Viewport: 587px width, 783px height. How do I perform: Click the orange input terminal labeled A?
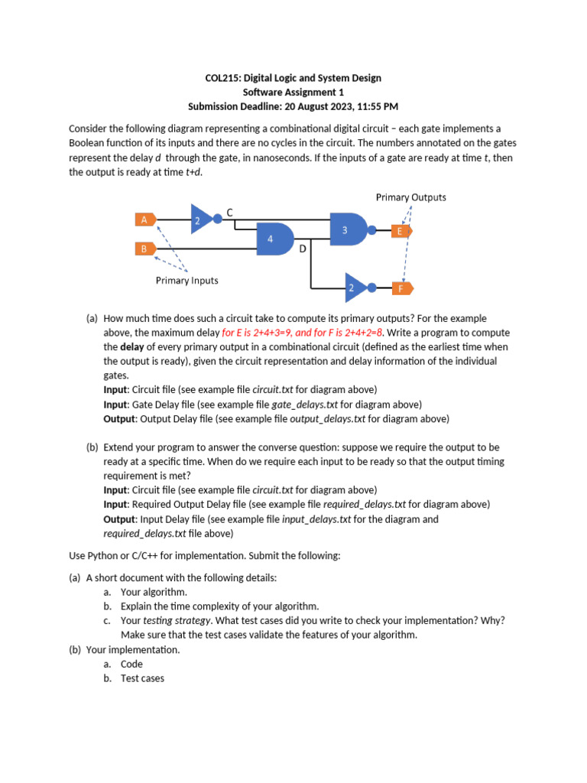[x=144, y=219]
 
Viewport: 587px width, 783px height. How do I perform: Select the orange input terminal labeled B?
[x=144, y=249]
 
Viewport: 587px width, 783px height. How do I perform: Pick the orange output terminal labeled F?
[x=401, y=288]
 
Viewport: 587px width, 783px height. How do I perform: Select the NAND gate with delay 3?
[x=348, y=229]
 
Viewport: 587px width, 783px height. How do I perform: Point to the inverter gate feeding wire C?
[x=202, y=219]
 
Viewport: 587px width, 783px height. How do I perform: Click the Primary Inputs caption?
[x=186, y=281]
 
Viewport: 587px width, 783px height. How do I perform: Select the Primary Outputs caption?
[x=410, y=197]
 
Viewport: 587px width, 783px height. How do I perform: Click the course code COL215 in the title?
[x=223, y=78]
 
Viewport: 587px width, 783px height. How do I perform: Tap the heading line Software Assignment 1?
[x=293, y=92]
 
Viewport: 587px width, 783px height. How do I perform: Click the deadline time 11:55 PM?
[x=372, y=106]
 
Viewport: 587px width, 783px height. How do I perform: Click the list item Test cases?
[x=142, y=678]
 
